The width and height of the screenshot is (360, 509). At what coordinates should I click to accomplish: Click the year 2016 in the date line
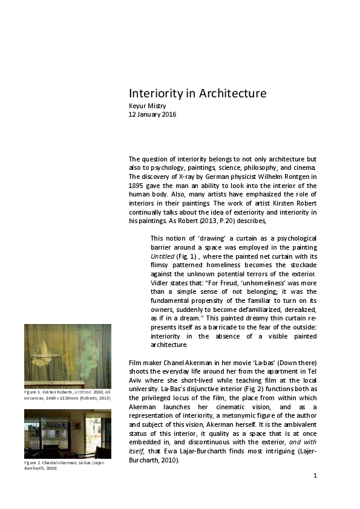tap(168, 114)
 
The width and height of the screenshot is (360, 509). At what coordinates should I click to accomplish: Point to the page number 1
tap(315, 475)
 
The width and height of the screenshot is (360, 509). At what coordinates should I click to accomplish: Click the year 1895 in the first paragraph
tap(136, 186)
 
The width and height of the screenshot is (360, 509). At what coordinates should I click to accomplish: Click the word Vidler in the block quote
tap(161, 282)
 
